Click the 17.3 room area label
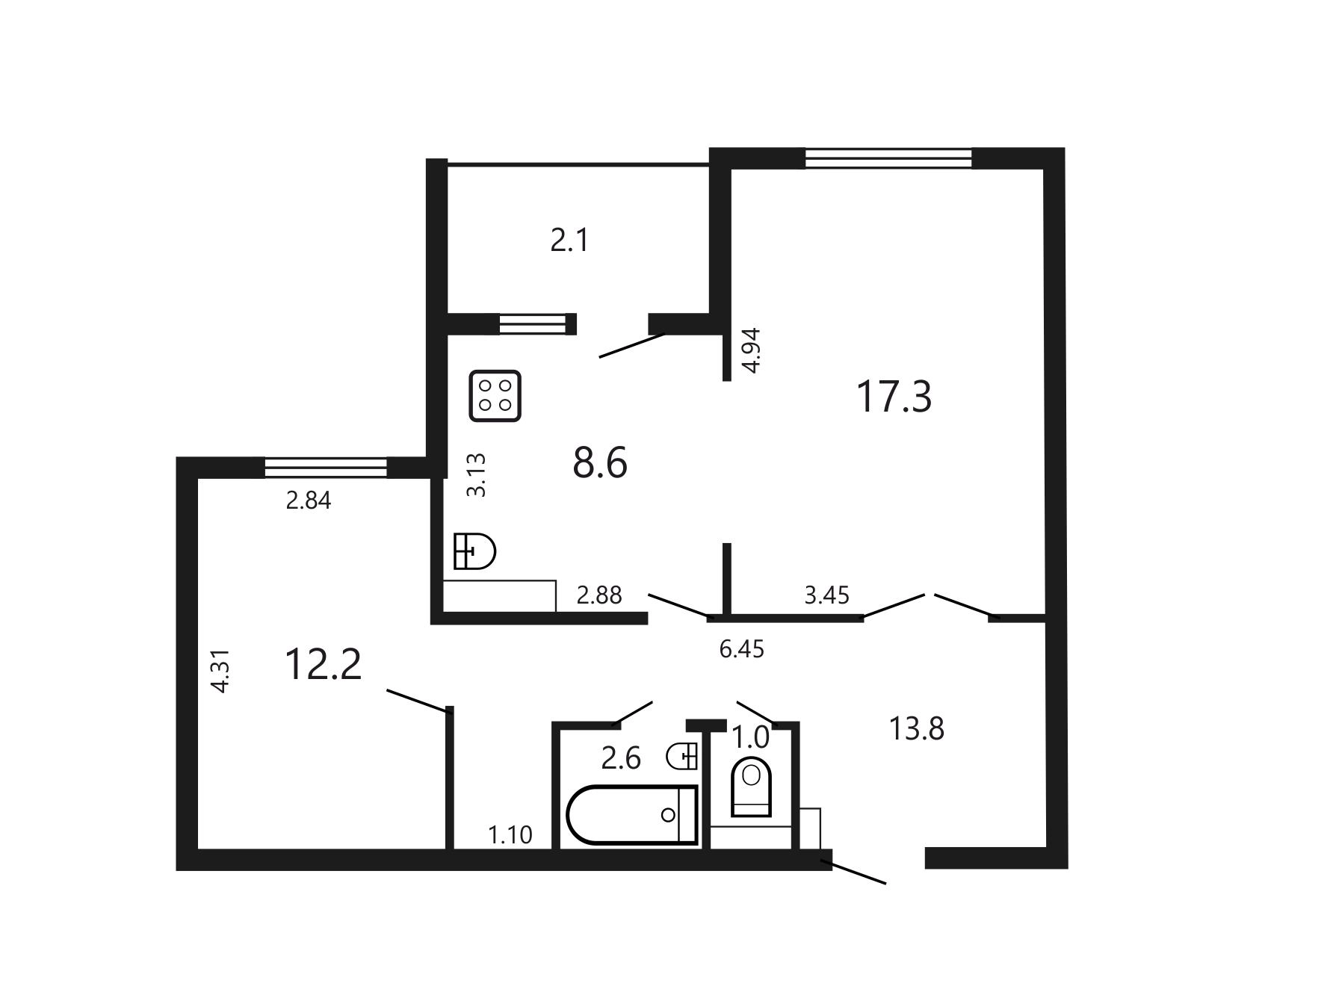894,397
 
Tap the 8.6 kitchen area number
600,462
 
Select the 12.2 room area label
324,664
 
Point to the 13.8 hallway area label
917,728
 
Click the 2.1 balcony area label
570,241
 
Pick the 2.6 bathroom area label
622,758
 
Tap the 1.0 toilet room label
750,738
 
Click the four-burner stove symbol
495,396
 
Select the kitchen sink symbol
475,551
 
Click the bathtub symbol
632,814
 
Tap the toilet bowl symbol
751,787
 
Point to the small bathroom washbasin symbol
681,756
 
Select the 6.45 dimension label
742,649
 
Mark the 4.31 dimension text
220,672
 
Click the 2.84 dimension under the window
309,500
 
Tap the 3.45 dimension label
827,595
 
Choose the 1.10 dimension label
510,834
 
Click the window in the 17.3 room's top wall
888,158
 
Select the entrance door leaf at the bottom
853,873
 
